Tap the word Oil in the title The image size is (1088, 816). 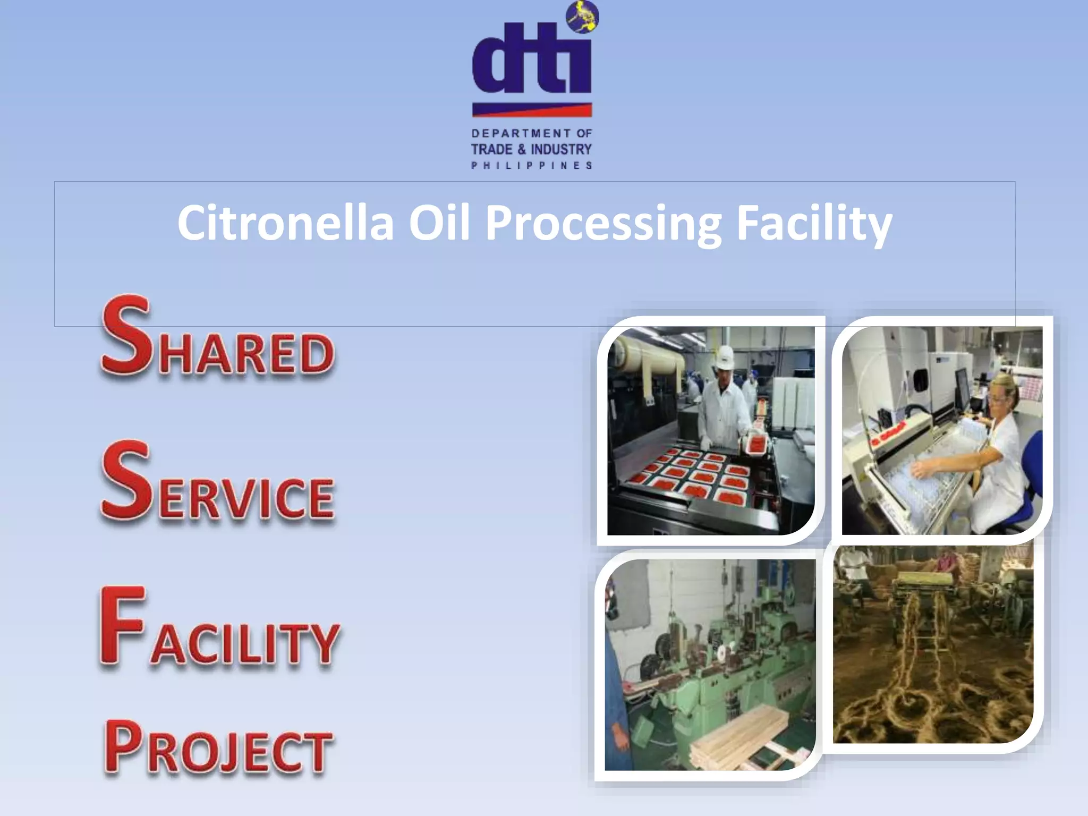(439, 223)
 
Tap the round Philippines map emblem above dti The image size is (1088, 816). (582, 17)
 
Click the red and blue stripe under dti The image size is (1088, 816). (532, 109)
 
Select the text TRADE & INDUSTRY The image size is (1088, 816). (531, 149)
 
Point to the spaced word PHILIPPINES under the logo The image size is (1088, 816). (531, 166)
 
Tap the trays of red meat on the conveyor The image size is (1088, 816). (691, 473)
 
